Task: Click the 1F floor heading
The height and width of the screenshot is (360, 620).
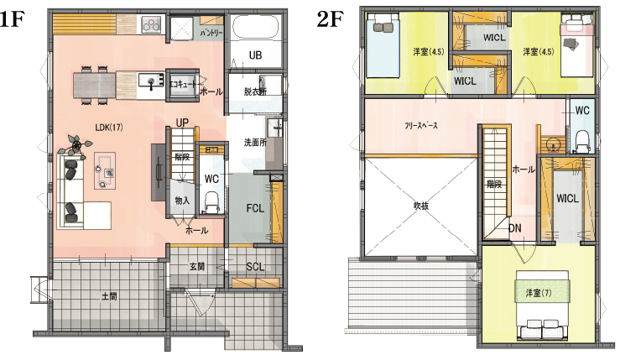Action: tap(12, 19)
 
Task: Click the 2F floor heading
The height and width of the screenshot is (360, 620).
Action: tap(330, 19)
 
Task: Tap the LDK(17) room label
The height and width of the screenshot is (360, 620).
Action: tap(109, 128)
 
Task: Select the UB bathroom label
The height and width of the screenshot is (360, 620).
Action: tap(255, 55)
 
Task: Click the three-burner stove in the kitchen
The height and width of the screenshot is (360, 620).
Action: tap(152, 24)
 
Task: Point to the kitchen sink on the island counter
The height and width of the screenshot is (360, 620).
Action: tap(151, 82)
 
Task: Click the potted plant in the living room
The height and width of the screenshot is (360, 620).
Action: tap(76, 145)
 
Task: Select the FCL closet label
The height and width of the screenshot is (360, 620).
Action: tap(255, 208)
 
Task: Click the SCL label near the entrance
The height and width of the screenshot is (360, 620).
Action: tap(255, 267)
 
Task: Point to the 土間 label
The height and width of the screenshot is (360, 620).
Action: tap(109, 296)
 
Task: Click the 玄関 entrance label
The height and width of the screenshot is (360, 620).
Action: tap(196, 267)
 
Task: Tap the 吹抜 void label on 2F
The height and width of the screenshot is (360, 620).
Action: tap(420, 206)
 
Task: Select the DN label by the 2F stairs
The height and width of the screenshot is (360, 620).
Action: tap(514, 228)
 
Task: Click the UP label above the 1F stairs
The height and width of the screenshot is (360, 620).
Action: tap(182, 123)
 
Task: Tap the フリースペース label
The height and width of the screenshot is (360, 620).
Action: tap(421, 125)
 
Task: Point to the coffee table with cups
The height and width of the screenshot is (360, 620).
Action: tap(105, 170)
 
